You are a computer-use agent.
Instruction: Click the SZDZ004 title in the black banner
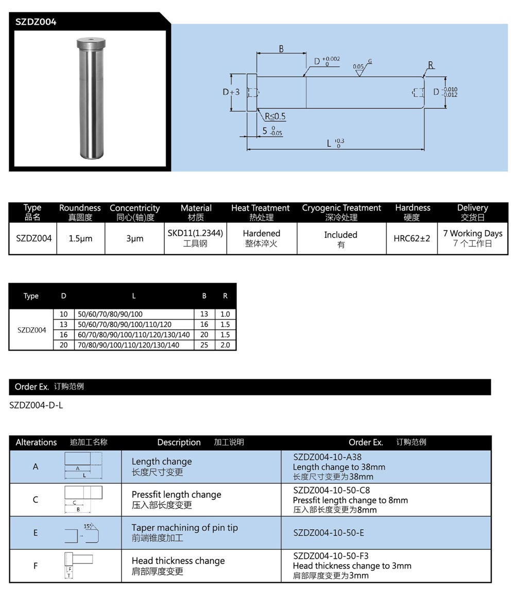[36, 22]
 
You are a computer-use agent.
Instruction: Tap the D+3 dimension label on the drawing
[231, 92]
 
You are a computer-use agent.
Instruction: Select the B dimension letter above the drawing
[281, 49]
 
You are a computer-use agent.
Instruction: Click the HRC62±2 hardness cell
[411, 239]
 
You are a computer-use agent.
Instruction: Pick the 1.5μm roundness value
[80, 239]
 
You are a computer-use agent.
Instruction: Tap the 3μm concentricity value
[134, 239]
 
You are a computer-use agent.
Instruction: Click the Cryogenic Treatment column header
[341, 212]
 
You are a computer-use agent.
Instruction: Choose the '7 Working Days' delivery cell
[472, 234]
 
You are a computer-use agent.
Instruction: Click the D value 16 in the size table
[64, 335]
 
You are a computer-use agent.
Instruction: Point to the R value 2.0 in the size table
[226, 345]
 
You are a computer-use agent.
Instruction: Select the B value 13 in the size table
[204, 314]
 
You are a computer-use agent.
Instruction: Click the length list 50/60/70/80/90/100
[110, 314]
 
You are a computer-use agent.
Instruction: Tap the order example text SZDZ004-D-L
[36, 405]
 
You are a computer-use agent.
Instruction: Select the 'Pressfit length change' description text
[176, 495]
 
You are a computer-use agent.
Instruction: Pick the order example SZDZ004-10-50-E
[328, 533]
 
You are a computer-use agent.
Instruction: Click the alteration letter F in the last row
[36, 566]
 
